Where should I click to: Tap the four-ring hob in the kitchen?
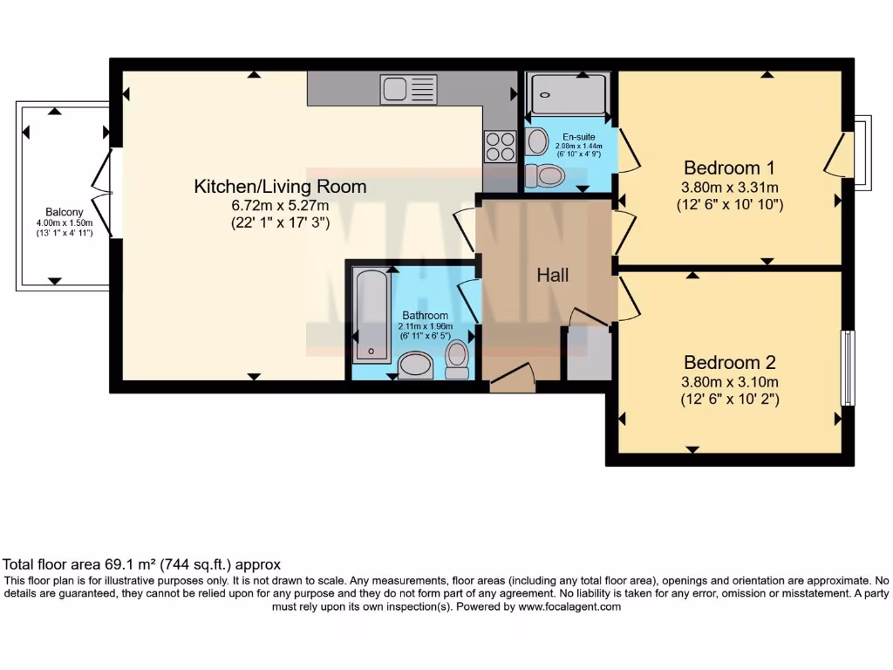500,146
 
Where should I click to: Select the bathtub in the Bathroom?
371,317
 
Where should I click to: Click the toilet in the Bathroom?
457,359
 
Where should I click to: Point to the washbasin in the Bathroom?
415,365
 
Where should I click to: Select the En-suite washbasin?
537,140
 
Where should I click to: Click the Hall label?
553,276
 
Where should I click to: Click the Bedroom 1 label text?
729,167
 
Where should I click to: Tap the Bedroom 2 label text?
729,362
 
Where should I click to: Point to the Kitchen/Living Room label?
280,186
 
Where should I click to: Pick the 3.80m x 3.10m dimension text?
730,381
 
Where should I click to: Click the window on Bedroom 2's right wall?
846,367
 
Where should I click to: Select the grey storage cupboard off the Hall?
587,353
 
